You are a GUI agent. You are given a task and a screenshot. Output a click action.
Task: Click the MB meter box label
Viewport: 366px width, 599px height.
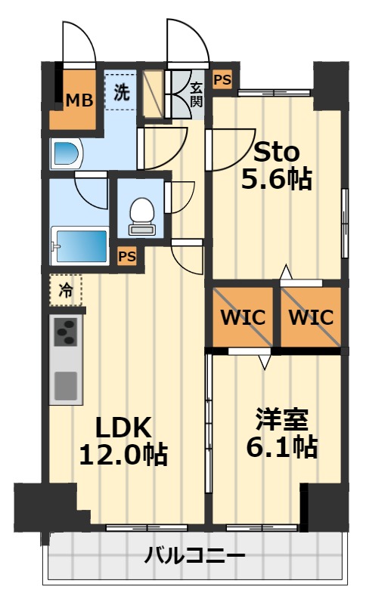click(79, 100)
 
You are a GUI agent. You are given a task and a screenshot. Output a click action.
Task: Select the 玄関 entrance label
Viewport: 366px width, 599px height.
click(196, 94)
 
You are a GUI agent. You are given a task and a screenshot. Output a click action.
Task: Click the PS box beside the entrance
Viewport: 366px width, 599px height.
click(222, 80)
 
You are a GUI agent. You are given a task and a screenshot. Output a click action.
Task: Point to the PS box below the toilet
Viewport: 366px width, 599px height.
click(127, 256)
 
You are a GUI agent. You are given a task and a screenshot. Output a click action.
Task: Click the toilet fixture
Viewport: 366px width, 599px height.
click(142, 216)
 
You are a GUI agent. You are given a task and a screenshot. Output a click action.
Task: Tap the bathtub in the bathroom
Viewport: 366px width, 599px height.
click(80, 245)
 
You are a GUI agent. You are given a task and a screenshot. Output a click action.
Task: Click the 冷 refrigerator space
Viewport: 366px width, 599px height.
click(66, 290)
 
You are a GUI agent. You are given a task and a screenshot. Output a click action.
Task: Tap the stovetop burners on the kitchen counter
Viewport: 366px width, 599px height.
click(66, 332)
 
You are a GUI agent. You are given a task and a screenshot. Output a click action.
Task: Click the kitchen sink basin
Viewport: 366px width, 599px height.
click(66, 385)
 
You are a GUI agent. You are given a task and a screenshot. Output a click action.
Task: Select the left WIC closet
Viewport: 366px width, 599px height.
click(243, 317)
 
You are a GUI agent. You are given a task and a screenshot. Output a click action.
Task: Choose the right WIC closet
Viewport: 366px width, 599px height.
click(311, 317)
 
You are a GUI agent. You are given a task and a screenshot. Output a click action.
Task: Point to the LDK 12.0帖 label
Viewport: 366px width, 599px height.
click(123, 440)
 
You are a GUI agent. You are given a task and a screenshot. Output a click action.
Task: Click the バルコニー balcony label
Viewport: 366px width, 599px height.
click(194, 555)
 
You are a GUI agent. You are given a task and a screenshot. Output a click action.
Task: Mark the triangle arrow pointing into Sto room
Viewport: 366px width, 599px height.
click(286, 272)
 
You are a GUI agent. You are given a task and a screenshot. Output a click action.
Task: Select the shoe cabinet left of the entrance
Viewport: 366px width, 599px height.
click(153, 94)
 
